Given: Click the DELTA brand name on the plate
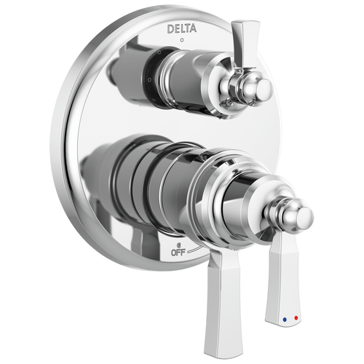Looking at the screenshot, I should [x=181, y=29].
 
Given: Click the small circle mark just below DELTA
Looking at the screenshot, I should [x=181, y=42].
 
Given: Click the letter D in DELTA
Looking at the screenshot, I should [x=170, y=29].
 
